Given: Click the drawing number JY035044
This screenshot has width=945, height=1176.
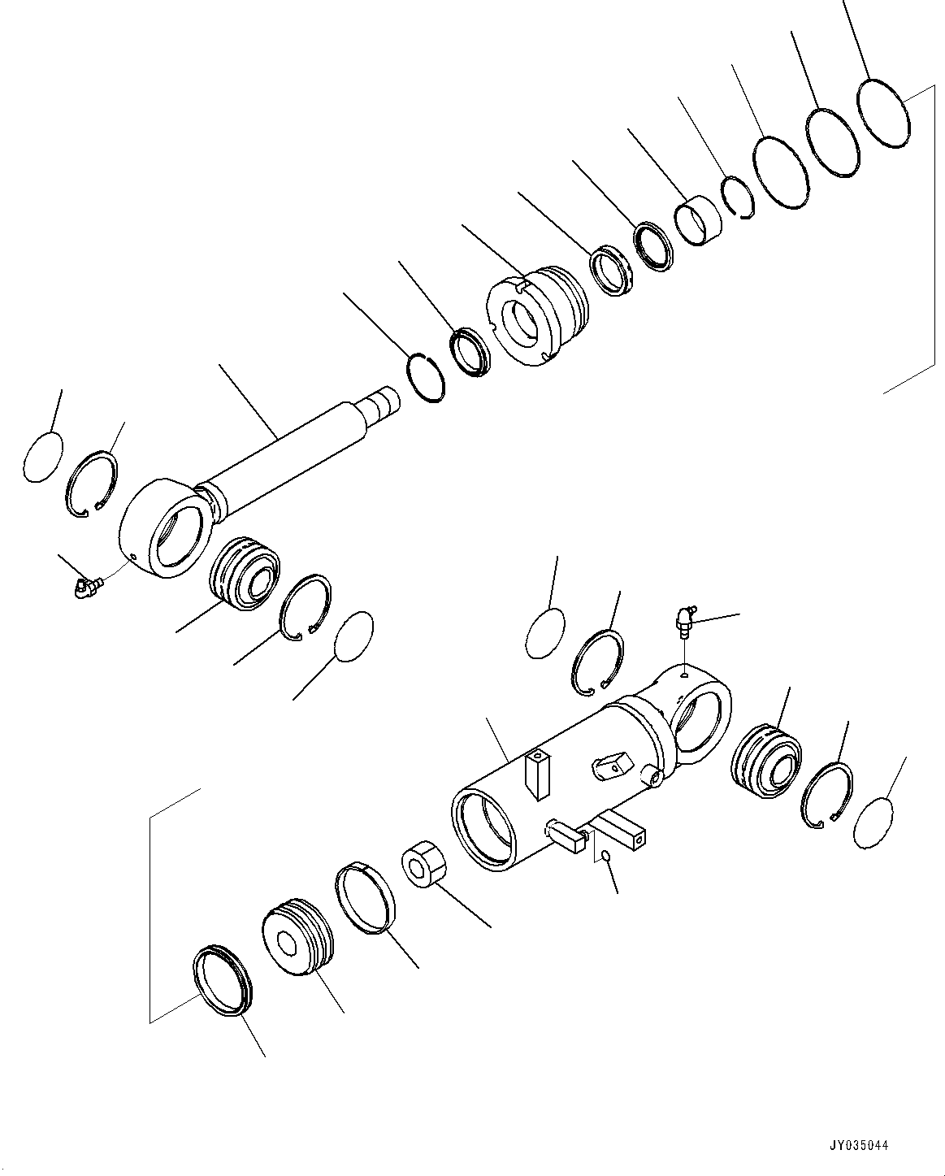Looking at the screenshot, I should (x=860, y=1146).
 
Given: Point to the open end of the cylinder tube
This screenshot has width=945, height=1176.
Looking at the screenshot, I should (x=484, y=829).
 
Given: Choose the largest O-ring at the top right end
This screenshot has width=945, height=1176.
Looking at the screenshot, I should (x=884, y=113).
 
